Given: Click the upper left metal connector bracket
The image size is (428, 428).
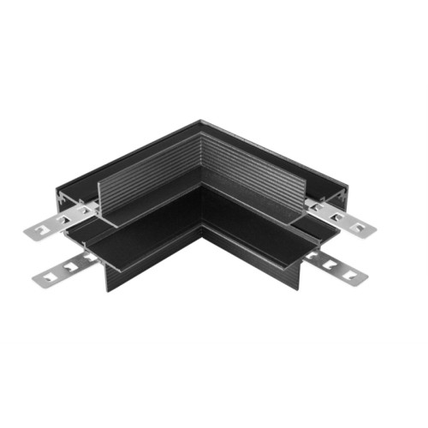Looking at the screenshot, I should (x=56, y=224).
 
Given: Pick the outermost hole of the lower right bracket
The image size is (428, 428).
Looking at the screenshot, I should (x=353, y=275).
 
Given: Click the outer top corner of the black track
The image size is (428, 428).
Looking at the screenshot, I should (x=200, y=121).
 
